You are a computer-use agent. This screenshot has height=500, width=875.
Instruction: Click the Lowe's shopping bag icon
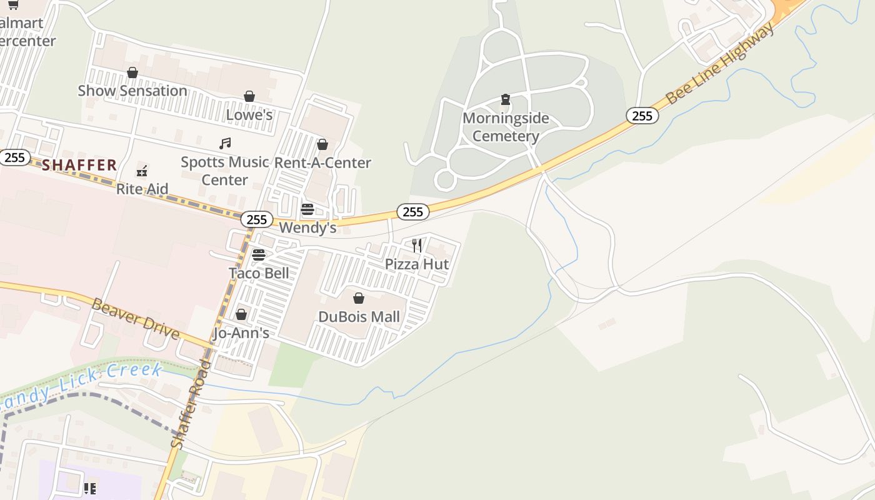click(249, 96)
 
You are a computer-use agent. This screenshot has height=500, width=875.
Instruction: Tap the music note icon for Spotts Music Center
click(225, 144)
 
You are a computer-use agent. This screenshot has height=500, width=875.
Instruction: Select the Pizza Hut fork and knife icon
click(417, 245)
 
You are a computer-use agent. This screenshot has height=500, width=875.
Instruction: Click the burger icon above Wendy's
click(307, 209)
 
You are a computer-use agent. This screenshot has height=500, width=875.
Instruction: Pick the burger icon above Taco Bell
click(259, 255)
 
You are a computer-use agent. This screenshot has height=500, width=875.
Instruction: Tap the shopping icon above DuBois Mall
click(359, 298)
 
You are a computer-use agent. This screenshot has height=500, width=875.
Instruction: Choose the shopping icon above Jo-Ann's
click(241, 314)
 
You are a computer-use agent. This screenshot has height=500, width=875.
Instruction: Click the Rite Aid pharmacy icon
click(142, 171)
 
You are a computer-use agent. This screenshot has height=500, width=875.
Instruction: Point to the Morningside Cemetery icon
click(505, 99)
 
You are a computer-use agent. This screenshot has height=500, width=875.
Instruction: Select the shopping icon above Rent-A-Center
click(322, 145)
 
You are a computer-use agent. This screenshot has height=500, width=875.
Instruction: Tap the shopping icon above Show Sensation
click(132, 73)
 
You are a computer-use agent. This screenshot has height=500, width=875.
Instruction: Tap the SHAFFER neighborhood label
click(80, 165)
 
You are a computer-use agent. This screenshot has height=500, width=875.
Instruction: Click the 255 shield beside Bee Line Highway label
click(642, 116)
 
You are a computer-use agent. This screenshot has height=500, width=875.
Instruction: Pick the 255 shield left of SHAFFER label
click(14, 157)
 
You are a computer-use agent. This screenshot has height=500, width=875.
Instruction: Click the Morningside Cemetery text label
click(506, 127)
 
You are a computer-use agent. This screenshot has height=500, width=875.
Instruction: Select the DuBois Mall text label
click(359, 317)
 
